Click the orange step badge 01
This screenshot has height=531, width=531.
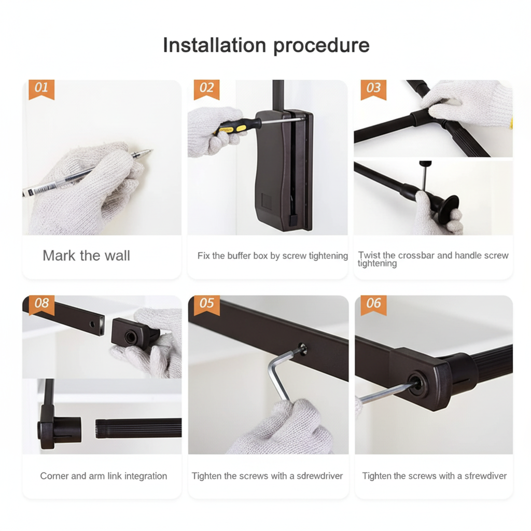41,89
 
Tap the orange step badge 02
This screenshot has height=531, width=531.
206,89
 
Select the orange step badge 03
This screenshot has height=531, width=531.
373,89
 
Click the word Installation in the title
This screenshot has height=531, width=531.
214,45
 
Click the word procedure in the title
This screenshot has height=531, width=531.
321,46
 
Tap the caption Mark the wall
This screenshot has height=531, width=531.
86,256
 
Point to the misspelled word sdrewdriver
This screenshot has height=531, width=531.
319,476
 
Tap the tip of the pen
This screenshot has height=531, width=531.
152,150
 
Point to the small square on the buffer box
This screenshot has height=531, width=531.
266,202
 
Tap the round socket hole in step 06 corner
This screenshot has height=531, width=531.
416,384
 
